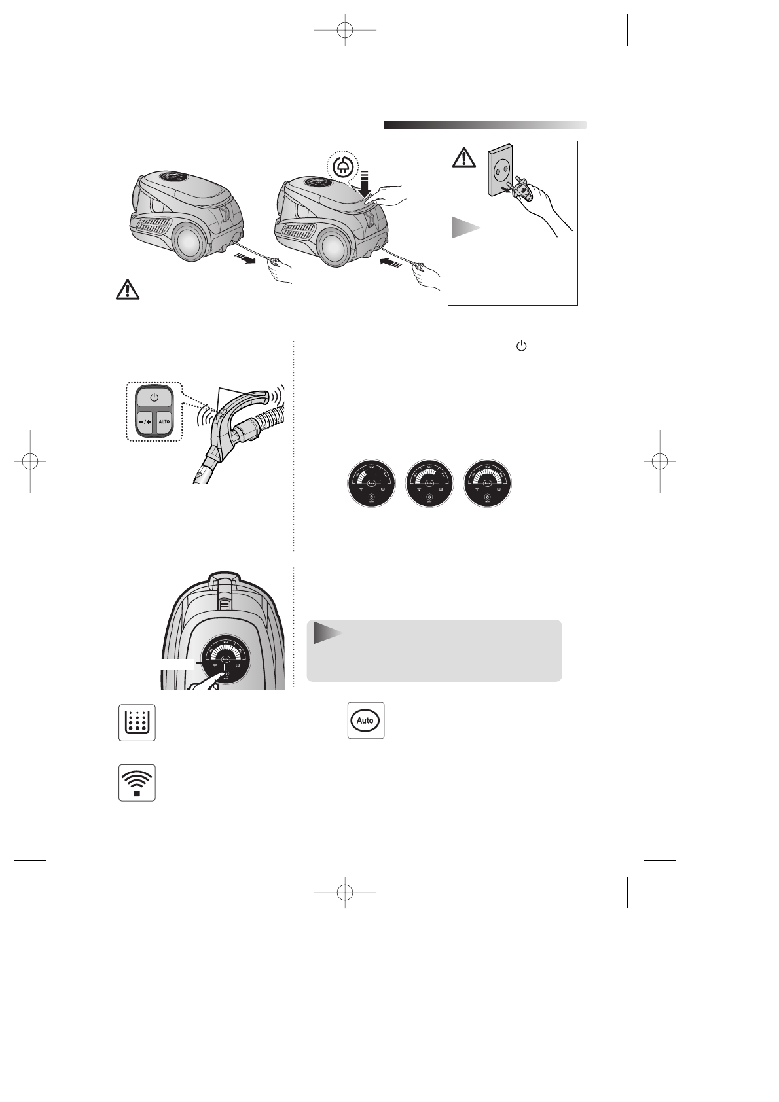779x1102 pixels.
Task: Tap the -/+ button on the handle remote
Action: click(x=145, y=421)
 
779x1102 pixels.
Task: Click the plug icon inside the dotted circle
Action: click(x=341, y=167)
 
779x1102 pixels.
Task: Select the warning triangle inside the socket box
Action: click(x=464, y=157)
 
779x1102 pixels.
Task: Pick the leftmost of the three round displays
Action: click(x=371, y=483)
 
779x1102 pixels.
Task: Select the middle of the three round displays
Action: click(x=429, y=483)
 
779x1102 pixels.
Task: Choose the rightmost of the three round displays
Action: click(x=487, y=483)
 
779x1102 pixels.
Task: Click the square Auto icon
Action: click(x=365, y=720)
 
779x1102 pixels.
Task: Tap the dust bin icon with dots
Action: click(x=137, y=722)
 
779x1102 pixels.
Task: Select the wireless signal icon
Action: click(x=137, y=783)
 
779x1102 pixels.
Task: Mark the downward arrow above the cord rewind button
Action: click(x=365, y=183)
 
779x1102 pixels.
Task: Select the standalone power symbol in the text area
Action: click(x=522, y=346)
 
